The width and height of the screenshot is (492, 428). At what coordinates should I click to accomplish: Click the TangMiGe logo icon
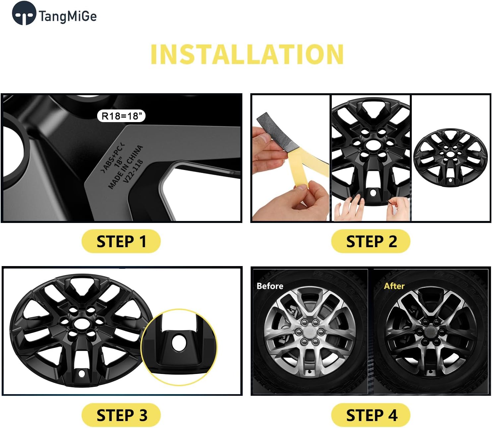[24, 13]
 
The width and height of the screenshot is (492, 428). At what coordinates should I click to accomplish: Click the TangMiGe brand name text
[68, 16]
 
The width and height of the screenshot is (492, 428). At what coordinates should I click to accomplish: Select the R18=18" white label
[121, 116]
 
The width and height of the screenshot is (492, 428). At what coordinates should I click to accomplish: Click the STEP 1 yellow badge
[121, 241]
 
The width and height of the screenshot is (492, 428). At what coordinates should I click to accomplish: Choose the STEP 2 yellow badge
[371, 241]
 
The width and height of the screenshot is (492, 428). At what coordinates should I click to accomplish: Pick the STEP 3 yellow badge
[121, 415]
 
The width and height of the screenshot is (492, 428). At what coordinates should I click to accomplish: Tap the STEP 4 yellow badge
[371, 415]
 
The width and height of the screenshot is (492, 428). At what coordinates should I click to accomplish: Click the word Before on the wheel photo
[270, 286]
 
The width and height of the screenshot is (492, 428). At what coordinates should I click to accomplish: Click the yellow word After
[394, 286]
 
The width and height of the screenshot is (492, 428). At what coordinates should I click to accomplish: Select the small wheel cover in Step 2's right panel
[450, 158]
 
